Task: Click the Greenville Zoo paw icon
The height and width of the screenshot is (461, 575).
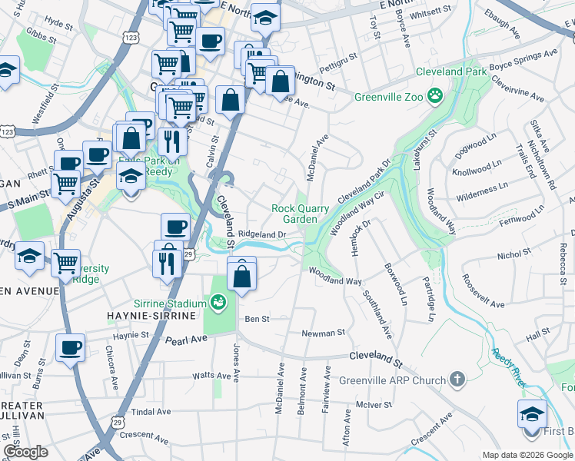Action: pyautogui.click(x=436, y=96)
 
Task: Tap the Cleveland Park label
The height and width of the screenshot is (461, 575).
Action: pyautogui.click(x=451, y=71)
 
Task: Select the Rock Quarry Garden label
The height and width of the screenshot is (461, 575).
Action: pyautogui.click(x=294, y=214)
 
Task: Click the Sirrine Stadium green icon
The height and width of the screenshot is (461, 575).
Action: pyautogui.click(x=218, y=303)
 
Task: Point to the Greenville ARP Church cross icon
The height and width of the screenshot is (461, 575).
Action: pyautogui.click(x=457, y=379)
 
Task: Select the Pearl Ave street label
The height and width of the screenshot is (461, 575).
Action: pyautogui.click(x=188, y=339)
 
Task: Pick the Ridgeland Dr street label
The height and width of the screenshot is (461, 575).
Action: pyautogui.click(x=262, y=234)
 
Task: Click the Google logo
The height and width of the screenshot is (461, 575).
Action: pyautogui.click(x=25, y=452)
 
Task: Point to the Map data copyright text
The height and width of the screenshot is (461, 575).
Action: pyautogui.click(x=527, y=454)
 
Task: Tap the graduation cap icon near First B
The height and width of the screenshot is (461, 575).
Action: pyautogui.click(x=532, y=414)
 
